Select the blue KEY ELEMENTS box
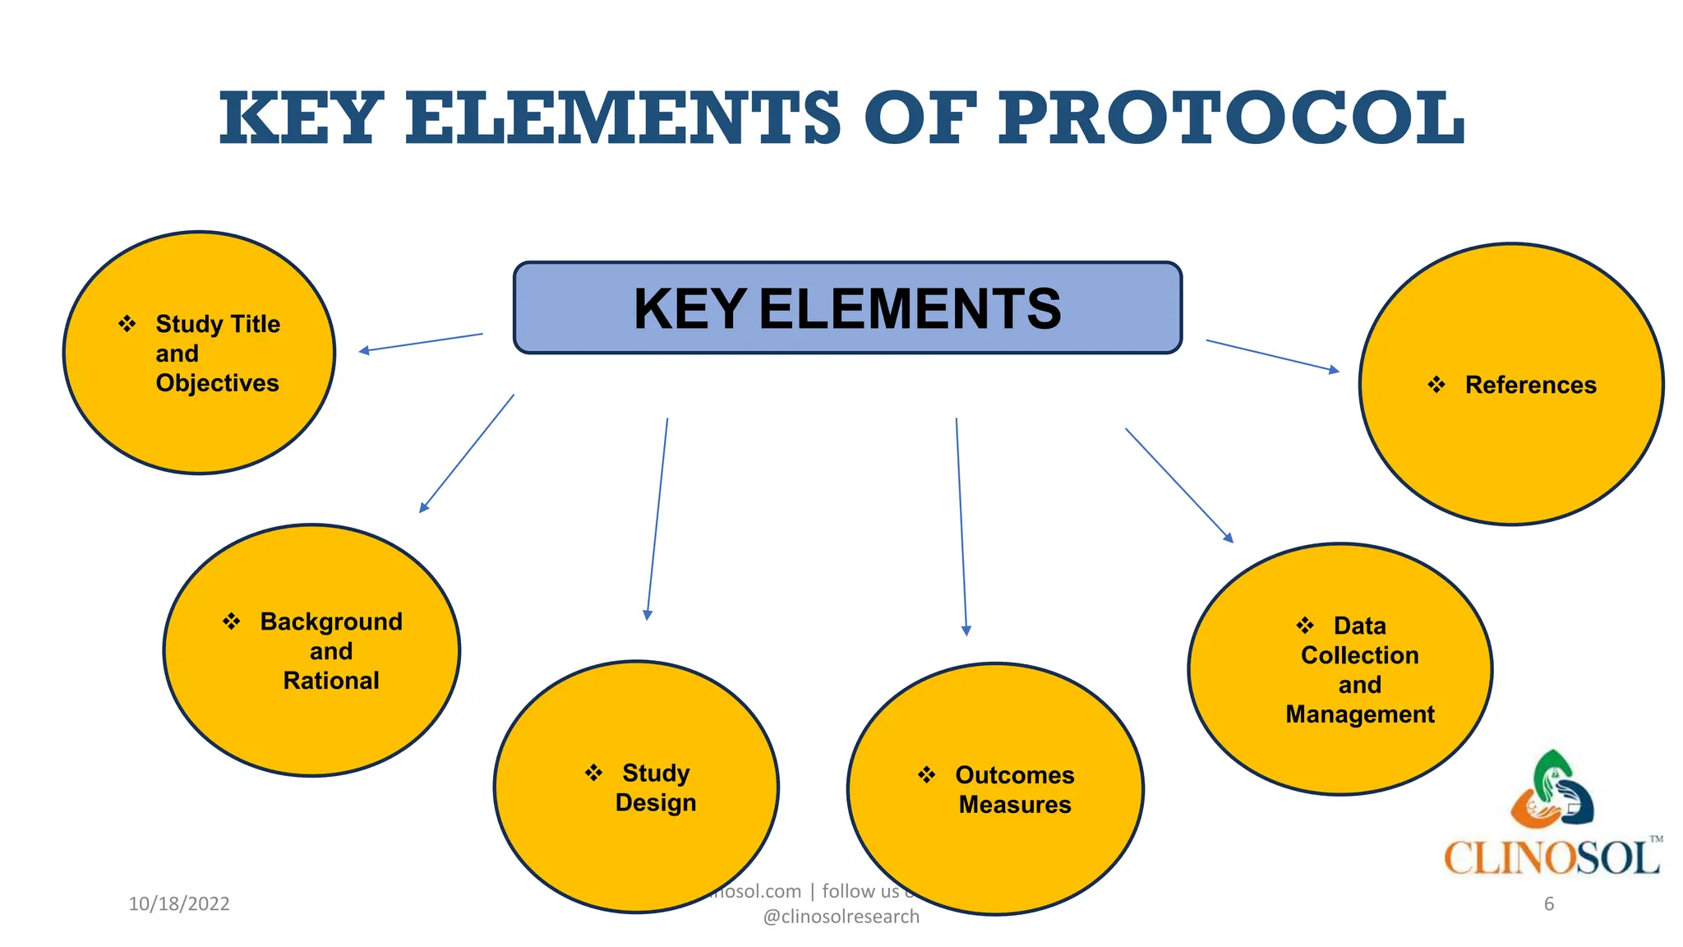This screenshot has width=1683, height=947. tap(847, 308)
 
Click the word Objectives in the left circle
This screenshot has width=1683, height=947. tap(217, 383)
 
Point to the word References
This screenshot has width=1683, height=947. tap(1530, 385)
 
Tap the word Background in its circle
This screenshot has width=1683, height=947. tap(331, 621)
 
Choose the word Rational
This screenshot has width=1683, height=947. tap(331, 681)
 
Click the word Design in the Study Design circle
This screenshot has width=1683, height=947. tap(655, 802)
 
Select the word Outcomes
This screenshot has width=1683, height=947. tap(1015, 775)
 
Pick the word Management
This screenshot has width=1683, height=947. tap(1360, 714)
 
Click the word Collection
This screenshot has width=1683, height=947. tap(1360, 655)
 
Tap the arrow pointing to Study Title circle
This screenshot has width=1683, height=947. tap(421, 343)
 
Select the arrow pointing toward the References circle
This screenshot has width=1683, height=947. tap(1272, 355)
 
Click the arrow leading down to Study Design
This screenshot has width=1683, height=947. tap(657, 518)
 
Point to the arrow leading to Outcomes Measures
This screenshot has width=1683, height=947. tap(961, 526)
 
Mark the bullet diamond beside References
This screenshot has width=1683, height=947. tap(1436, 385)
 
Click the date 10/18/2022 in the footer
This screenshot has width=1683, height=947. tap(179, 903)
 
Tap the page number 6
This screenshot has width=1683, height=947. tap(1549, 903)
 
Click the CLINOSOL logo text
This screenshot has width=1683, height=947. tap(1552, 857)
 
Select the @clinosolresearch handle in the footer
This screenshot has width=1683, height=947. tap(841, 917)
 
